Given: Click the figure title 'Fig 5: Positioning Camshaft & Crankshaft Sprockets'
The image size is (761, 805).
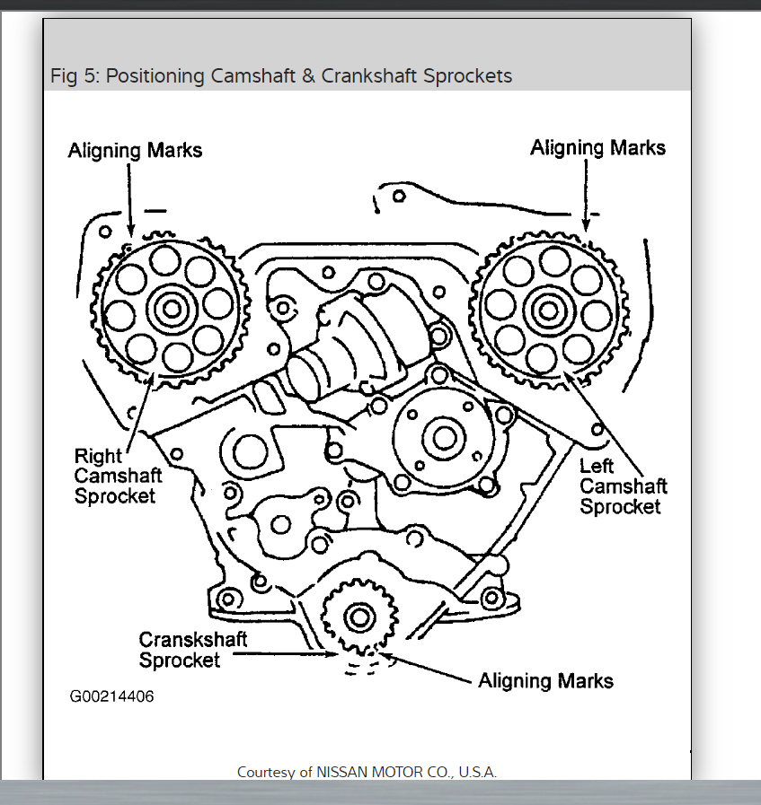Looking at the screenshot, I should (281, 76).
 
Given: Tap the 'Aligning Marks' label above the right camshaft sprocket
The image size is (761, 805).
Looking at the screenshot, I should (136, 150).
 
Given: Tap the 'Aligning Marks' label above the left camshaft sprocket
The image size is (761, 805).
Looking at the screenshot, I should (597, 147).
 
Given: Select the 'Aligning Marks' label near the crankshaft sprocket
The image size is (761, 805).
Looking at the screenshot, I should (545, 680).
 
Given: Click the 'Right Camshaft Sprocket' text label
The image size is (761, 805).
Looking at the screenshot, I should (117, 476).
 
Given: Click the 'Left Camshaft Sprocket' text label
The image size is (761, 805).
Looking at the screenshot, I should (623, 486).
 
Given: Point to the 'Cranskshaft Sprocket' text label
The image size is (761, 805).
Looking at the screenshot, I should (192, 650).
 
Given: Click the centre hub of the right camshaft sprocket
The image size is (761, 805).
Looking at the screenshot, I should (169, 309).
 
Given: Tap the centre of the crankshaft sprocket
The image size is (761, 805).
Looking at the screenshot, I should (358, 617).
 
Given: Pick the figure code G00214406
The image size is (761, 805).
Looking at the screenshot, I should (111, 696).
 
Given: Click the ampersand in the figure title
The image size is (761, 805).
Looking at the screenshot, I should (308, 76).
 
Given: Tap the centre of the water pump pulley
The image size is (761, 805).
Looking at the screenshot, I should (443, 438).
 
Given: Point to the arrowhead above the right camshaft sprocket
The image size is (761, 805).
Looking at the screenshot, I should (131, 235).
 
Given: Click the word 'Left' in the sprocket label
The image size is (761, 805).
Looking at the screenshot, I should (596, 466).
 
